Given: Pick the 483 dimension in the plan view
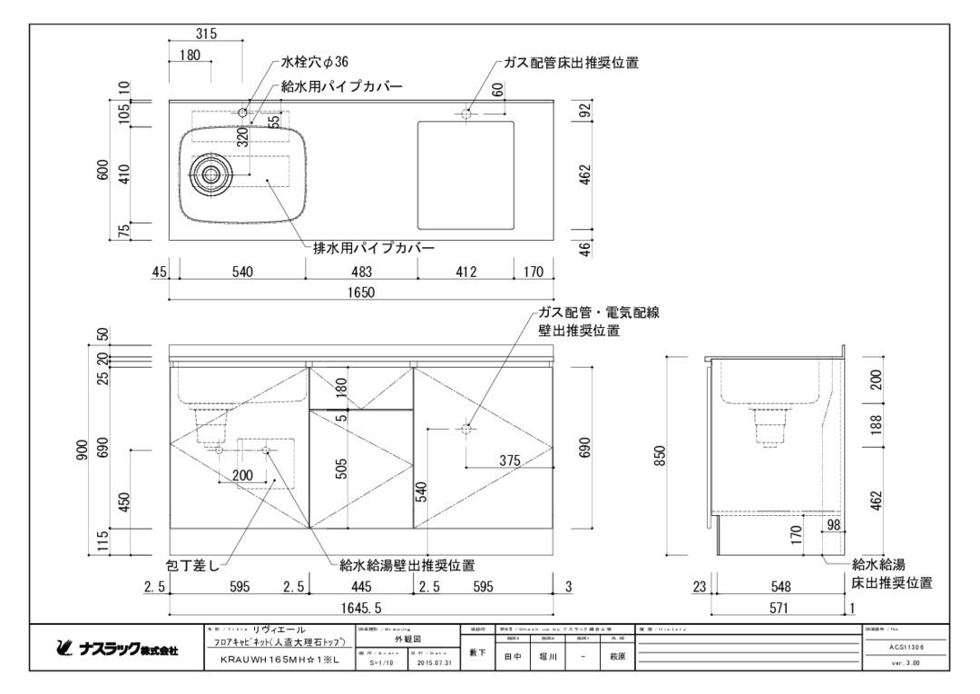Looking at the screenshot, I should pos(362,271).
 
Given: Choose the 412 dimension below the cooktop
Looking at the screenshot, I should pos(465,271).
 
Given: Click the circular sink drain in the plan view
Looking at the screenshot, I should pos(211,174).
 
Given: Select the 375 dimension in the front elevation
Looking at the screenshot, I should pos(509,461).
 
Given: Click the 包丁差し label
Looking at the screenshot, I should pos(191,564).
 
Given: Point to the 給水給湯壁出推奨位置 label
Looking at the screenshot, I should pos(407,564).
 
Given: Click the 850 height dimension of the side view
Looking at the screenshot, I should pos(660,454).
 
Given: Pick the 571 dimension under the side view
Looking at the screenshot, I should pos(778,608).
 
